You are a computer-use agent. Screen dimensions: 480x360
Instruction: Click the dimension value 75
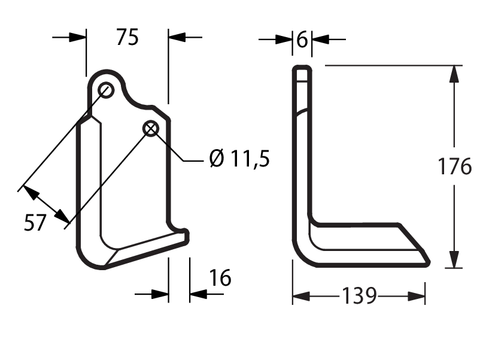[127, 37]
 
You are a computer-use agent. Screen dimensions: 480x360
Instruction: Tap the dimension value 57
[35, 222]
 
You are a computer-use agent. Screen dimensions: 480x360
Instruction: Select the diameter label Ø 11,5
[239, 159]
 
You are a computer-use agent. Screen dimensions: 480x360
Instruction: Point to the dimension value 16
[220, 278]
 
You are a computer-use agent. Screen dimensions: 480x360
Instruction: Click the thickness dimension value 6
[302, 40]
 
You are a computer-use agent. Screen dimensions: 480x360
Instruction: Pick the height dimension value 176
[455, 167]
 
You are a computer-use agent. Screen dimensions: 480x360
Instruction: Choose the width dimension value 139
[359, 296]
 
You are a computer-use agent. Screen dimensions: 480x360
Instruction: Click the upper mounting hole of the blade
[106, 90]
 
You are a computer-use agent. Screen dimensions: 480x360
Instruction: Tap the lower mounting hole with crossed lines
[151, 129]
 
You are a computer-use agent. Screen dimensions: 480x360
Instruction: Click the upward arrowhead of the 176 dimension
[454, 74]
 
